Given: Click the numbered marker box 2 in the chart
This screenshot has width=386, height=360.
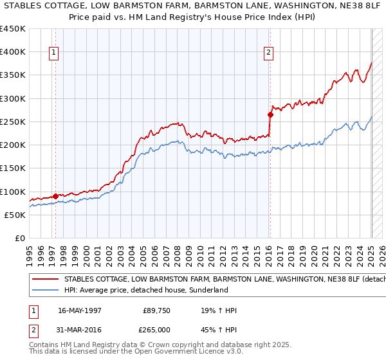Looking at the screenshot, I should [268, 53].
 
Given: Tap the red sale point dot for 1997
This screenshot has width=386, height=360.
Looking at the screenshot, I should [55, 196].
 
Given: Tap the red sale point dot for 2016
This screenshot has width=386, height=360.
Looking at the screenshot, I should [270, 115].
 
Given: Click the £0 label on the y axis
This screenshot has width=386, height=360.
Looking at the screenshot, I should [19, 238].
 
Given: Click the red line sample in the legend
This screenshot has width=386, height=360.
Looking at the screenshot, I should [45, 280].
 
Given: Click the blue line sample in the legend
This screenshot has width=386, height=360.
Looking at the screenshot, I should [45, 290].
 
